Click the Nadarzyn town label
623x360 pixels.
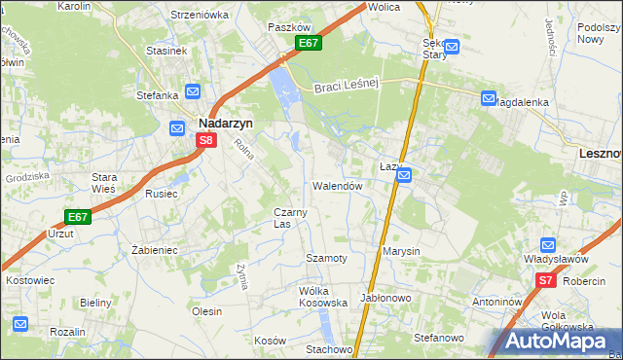pyautogui.click(x=227, y=124)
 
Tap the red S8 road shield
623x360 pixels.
pyautogui.click(x=205, y=141)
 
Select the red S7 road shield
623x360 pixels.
pyautogui.click(x=545, y=281)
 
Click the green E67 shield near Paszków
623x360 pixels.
pyautogui.click(x=309, y=44)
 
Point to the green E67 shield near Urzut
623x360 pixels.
pyautogui.click(x=79, y=217)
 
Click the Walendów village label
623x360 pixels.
pyautogui.click(x=338, y=186)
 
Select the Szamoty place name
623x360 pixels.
pyautogui.click(x=326, y=258)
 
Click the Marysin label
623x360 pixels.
pyautogui.click(x=401, y=251)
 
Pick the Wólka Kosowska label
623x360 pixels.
pyautogui.click(x=323, y=297)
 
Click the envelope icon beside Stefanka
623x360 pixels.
pyautogui.click(x=193, y=92)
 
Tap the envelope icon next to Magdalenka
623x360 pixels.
pyautogui.click(x=488, y=98)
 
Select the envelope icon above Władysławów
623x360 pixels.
pyautogui.click(x=547, y=245)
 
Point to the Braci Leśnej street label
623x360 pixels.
pyautogui.click(x=346, y=87)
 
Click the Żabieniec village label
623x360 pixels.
pyautogui.click(x=154, y=250)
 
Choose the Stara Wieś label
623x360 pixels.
pyautogui.click(x=104, y=182)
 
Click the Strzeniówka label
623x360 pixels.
pyautogui.click(x=199, y=15)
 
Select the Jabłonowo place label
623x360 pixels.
pyautogui.click(x=386, y=298)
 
